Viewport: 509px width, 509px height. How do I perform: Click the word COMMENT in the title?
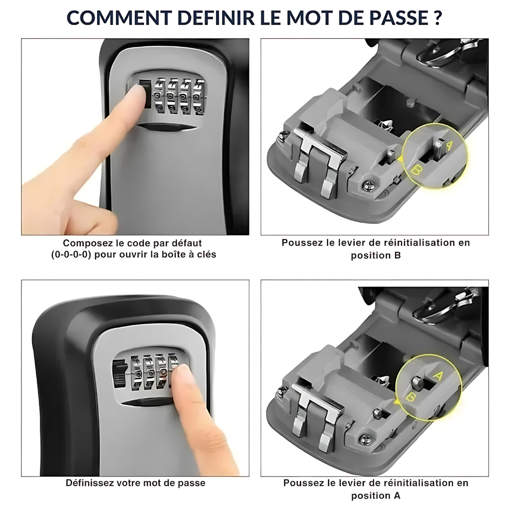119,18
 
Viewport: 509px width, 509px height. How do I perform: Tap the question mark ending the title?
437,18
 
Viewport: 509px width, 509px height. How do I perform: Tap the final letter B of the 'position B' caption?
397,255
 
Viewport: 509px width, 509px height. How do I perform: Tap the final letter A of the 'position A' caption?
397,496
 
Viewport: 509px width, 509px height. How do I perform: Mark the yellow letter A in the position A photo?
438,376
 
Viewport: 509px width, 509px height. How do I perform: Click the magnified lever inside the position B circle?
440,149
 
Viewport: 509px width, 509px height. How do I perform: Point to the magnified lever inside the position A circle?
419,383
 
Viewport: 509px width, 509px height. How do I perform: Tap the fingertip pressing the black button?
136,94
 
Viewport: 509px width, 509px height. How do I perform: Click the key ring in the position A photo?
428,310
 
